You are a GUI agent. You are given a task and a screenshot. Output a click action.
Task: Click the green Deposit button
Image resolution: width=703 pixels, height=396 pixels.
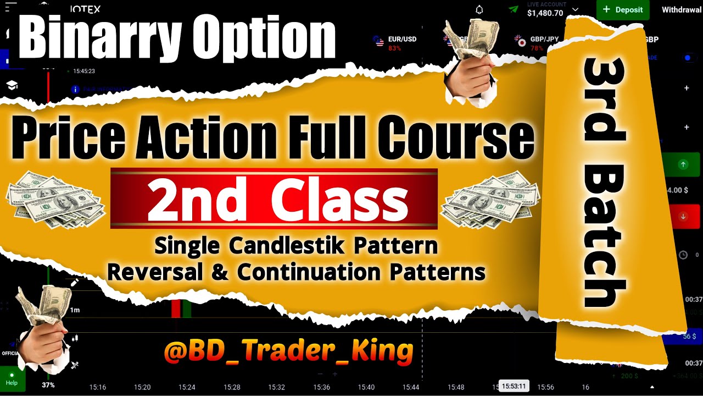coord(623,10)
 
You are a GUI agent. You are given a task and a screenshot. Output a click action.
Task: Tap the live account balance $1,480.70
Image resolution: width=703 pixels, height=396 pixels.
coord(545,13)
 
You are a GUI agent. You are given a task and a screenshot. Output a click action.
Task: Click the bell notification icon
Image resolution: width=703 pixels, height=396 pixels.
coord(479,10)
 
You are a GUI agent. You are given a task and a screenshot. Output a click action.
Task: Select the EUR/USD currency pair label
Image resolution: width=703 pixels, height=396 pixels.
coord(402,40)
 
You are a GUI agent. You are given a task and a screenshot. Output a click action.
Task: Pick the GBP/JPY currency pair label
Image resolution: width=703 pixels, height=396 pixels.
coord(529,40)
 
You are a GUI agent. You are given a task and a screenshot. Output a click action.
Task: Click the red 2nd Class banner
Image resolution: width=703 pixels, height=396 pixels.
coord(274,199)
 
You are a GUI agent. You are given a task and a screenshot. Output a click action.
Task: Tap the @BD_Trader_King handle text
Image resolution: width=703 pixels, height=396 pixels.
coord(288,351)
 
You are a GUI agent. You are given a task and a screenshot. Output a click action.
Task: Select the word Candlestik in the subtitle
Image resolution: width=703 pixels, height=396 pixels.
coord(288,246)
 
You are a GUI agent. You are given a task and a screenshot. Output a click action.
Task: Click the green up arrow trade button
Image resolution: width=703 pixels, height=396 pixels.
coord(683,164)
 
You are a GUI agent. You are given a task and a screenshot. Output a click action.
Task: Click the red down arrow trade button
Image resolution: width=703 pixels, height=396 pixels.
coord(683,216)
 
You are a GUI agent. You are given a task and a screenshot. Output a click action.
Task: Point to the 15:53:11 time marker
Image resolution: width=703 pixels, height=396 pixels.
coord(514,386)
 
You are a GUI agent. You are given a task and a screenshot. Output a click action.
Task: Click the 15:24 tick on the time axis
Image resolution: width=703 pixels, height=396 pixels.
coord(187,387)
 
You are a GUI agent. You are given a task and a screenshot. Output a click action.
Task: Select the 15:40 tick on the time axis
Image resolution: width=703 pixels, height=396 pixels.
coord(366,387)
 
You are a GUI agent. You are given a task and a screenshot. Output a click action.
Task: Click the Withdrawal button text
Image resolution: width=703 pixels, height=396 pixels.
coord(682,10)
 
